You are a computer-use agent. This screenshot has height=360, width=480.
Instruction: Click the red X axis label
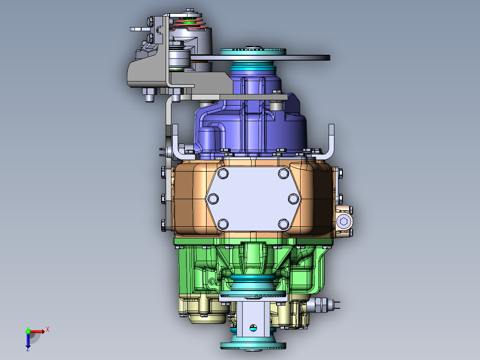click(47, 329)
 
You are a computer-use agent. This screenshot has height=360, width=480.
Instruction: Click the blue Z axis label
click(28, 349)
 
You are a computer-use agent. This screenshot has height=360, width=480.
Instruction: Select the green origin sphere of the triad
click(28, 331)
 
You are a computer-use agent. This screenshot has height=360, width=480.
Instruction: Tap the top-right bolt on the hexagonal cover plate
click(283, 173)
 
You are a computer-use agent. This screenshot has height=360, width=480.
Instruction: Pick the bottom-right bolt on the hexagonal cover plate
click(283, 223)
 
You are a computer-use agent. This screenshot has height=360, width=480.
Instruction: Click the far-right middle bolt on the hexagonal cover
click(293, 198)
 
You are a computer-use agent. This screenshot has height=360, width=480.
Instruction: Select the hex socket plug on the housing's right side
click(344, 221)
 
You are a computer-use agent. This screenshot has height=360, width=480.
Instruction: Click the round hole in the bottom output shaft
click(253, 329)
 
